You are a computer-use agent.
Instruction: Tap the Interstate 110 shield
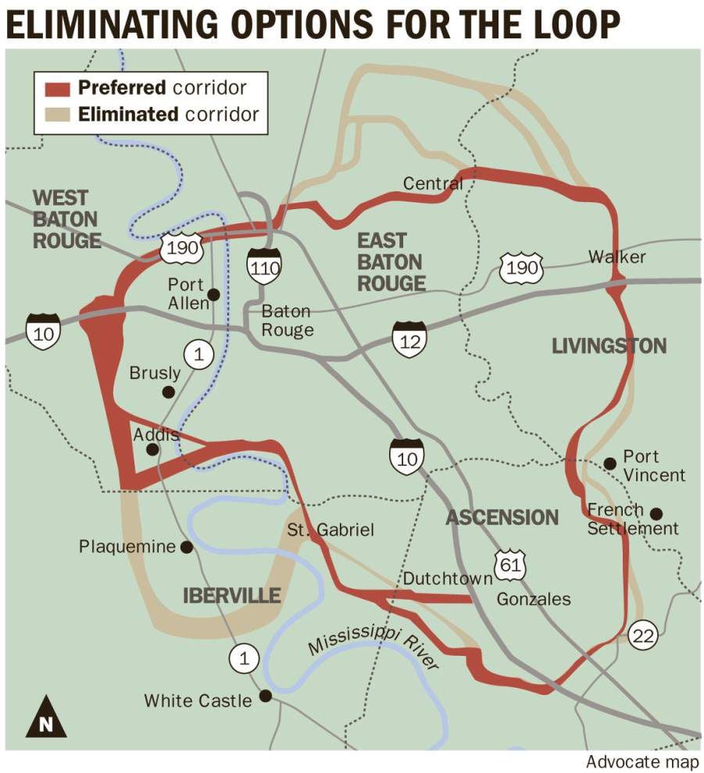[263, 266]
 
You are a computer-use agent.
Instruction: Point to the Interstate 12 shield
[409, 338]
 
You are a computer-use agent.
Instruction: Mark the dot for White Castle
[266, 695]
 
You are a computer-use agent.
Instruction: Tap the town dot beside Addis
[153, 449]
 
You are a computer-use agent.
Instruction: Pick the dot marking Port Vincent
[610, 464]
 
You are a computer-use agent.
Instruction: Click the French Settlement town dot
[656, 514]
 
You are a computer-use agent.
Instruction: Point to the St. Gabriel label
[330, 530]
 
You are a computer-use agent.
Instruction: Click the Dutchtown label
[447, 579]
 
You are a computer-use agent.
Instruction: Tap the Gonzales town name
[534, 600]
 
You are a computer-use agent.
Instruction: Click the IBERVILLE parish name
[231, 597]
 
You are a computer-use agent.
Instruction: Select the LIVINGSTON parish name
[609, 346]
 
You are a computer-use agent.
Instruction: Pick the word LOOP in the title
[570, 25]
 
